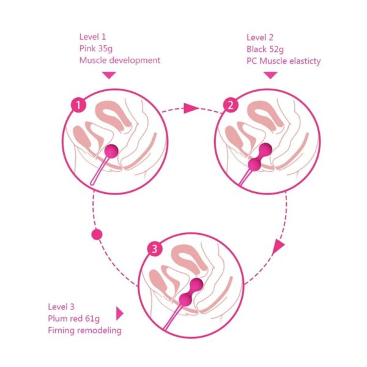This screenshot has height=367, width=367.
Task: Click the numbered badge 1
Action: click(x=78, y=105)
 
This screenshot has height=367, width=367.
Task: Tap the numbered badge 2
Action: click(x=231, y=105)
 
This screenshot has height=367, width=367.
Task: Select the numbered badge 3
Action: click(x=155, y=249)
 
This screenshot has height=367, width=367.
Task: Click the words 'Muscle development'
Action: click(x=119, y=60)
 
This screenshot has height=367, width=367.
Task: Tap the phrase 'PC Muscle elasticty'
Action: click(x=283, y=61)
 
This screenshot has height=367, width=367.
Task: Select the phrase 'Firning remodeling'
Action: click(x=84, y=331)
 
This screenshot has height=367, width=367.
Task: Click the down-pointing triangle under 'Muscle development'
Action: click(x=109, y=75)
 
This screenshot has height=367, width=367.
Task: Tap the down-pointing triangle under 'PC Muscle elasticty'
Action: click(x=270, y=75)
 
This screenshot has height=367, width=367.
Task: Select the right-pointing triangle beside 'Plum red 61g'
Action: click(x=120, y=314)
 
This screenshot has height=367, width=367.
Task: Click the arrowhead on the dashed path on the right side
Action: click(x=278, y=247)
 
